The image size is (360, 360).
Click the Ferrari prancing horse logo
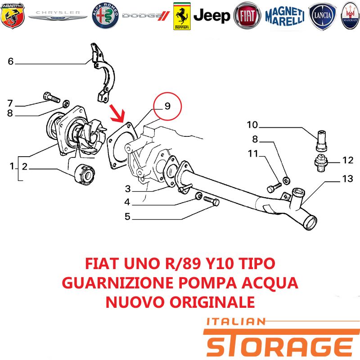(x=182, y=16)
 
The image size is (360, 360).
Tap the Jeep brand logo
(x=211, y=16)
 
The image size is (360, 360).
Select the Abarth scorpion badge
(x=13, y=16)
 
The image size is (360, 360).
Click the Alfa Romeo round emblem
(x=105, y=16)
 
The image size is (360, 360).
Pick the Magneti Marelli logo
(x=285, y=16)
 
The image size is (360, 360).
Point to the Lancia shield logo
(x=323, y=16)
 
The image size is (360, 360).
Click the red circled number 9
(x=167, y=106)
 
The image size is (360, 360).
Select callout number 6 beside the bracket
(x=10, y=61)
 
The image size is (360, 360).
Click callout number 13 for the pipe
(x=347, y=179)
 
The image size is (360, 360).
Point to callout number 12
(x=347, y=160)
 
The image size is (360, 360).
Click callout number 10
(x=252, y=125)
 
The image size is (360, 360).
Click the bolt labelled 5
(x=211, y=201)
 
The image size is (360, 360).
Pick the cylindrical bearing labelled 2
(x=85, y=174)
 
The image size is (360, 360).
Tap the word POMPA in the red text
(x=207, y=283)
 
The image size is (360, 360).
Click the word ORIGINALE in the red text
(x=212, y=302)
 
